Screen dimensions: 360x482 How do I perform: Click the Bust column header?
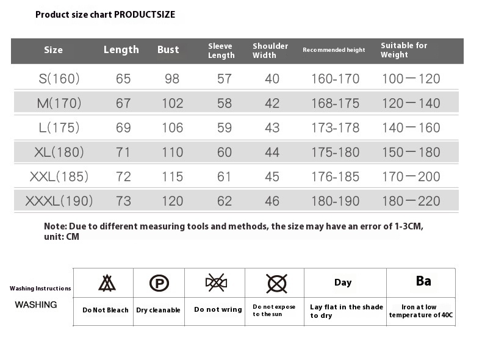click(x=168, y=50)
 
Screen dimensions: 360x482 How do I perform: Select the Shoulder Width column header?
click(x=270, y=51)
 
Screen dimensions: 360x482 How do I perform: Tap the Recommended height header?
click(x=334, y=50)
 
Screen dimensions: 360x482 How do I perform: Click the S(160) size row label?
click(x=59, y=79)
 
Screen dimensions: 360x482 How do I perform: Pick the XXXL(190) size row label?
click(x=59, y=201)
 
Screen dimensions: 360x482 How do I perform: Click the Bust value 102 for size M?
click(x=172, y=104)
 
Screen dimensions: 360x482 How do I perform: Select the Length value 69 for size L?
click(x=123, y=128)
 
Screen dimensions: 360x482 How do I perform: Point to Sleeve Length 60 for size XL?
click(x=224, y=153)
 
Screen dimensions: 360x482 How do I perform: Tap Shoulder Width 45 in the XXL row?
click(x=272, y=177)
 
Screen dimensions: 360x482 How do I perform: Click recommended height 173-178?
click(x=335, y=128)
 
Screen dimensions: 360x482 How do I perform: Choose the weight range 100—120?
click(x=411, y=79)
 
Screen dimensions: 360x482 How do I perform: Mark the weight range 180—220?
click(x=411, y=201)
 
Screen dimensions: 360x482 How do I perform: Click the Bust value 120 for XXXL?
click(x=172, y=201)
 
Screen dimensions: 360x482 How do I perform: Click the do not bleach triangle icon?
click(x=107, y=283)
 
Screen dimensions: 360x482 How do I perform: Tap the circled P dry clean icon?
click(x=159, y=283)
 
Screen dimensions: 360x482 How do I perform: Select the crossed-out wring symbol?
click(x=216, y=283)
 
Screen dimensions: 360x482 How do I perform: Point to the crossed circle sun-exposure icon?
click(x=276, y=283)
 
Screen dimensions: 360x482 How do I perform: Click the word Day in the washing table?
click(x=343, y=283)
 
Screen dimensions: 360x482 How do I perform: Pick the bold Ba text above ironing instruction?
click(x=423, y=281)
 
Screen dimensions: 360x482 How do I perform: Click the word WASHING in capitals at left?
click(x=36, y=304)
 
